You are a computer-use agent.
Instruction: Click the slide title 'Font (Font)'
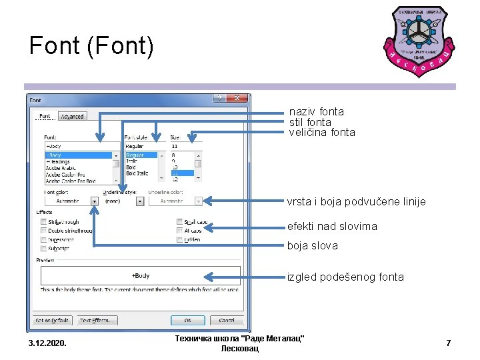click(91, 46)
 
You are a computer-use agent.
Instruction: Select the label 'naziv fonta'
click(316, 112)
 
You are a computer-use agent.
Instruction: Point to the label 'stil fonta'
click(310, 122)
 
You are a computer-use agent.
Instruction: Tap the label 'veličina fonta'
click(322, 132)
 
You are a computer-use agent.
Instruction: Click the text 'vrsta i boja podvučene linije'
click(356, 201)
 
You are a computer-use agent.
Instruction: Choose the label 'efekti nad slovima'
click(332, 227)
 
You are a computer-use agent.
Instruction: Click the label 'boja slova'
click(313, 245)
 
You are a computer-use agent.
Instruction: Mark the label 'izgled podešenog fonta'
click(345, 277)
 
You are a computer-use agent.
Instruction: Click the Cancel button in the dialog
click(226, 321)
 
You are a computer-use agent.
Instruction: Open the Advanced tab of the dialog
click(72, 117)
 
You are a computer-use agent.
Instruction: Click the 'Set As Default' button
click(53, 321)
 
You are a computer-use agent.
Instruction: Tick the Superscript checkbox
click(44, 239)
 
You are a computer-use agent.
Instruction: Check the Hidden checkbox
click(180, 239)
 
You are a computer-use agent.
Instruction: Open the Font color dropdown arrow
click(94, 200)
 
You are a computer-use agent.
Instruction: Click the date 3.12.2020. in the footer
click(48, 343)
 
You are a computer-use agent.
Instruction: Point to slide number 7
click(448, 343)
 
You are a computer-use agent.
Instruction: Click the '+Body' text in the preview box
click(141, 275)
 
